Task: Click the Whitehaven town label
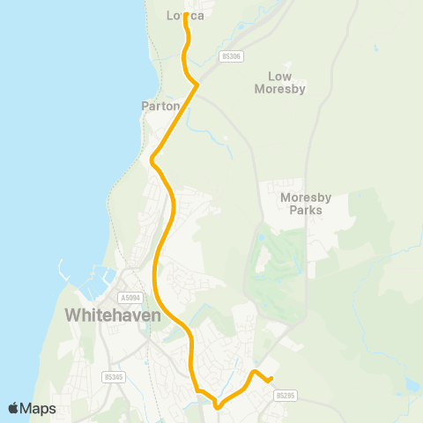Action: (111, 315)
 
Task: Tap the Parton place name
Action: (160, 106)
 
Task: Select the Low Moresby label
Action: (279, 83)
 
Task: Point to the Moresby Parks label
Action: (305, 204)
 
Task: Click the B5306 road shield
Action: (232, 56)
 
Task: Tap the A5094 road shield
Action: (130, 299)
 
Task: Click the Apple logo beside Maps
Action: (13, 408)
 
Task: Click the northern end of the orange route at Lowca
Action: (185, 16)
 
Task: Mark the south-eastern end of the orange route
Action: (271, 380)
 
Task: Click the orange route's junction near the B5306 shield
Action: (197, 84)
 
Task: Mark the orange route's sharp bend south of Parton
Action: (152, 160)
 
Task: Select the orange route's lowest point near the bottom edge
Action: (217, 406)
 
